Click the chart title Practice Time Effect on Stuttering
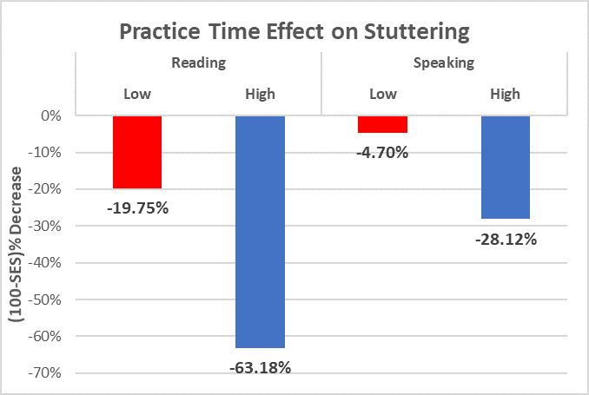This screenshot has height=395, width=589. (294, 33)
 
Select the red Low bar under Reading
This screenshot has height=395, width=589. (137, 152)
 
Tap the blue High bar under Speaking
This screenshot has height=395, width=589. (505, 167)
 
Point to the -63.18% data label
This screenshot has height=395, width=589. (260, 366)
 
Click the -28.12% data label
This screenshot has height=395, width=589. (506, 238)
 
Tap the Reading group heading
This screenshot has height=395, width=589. (198, 63)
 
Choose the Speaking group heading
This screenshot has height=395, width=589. (444, 63)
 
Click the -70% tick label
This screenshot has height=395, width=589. (45, 373)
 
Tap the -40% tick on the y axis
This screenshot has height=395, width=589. (45, 263)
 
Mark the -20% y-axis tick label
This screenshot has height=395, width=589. (45, 189)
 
